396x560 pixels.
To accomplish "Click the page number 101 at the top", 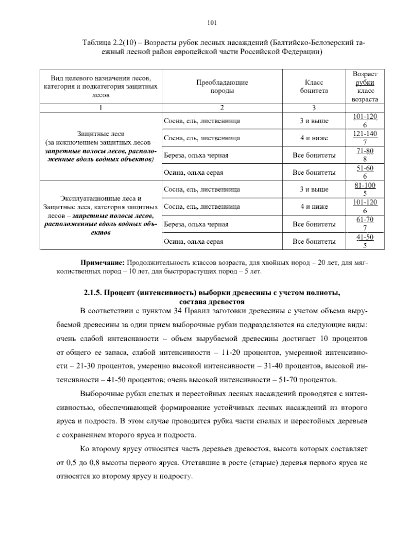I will [x=212, y=23].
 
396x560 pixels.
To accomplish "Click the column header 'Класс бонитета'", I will [x=314, y=87].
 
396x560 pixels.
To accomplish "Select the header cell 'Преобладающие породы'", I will [x=222, y=87].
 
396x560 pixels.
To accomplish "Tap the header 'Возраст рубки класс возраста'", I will [x=365, y=87].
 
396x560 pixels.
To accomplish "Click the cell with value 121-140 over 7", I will [x=365, y=138].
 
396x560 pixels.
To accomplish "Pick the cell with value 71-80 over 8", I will [x=365, y=155].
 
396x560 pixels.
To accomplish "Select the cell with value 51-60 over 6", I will [x=365, y=172].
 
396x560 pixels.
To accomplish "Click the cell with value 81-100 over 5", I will [x=365, y=189].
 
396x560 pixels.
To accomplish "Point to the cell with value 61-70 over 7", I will [x=365, y=224].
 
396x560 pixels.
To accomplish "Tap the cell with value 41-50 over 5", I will [x=365, y=241].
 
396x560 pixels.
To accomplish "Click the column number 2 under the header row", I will [x=222, y=108].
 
